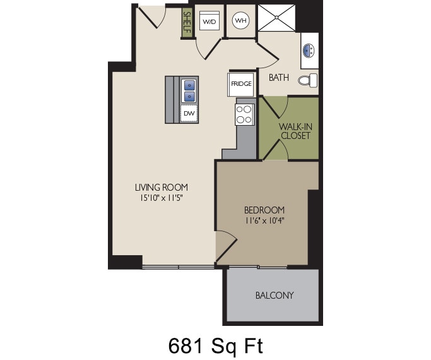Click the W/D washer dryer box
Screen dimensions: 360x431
click(x=209, y=21)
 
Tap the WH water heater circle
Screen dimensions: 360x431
click(x=240, y=20)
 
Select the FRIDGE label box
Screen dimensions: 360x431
click(x=240, y=83)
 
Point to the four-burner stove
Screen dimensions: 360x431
click(x=244, y=114)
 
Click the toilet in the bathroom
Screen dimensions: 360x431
click(x=308, y=80)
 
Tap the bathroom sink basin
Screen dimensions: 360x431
click(x=309, y=49)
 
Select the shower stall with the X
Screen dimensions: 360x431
click(x=276, y=18)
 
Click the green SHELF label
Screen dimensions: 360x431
click(x=187, y=23)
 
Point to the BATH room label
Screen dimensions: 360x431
click(x=279, y=78)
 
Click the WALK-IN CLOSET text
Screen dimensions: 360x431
click(x=296, y=131)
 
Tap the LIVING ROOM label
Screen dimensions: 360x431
click(x=162, y=188)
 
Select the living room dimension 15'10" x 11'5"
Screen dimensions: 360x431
click(x=162, y=198)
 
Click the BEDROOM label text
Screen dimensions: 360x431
click(x=264, y=210)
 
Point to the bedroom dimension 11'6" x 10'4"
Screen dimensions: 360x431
click(x=264, y=220)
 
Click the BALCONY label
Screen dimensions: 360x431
click(x=275, y=296)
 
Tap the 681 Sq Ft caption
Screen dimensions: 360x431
click(x=215, y=345)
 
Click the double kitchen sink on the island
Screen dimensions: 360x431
click(x=189, y=90)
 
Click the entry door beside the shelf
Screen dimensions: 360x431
click(x=151, y=17)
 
